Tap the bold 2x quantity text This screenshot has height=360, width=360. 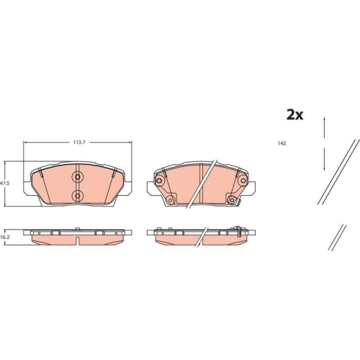pyautogui.click(x=294, y=115)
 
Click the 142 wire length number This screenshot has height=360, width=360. pyautogui.click(x=282, y=143)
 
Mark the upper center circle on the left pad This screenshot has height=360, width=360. pyautogui.click(x=78, y=177)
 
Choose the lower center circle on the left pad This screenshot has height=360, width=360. pyautogui.click(x=78, y=196)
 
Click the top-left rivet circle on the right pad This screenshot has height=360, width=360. pyautogui.click(x=159, y=181)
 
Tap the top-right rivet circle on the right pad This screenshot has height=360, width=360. pyautogui.click(x=243, y=181)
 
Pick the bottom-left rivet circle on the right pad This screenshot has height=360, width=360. pyautogui.click(x=171, y=199)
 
